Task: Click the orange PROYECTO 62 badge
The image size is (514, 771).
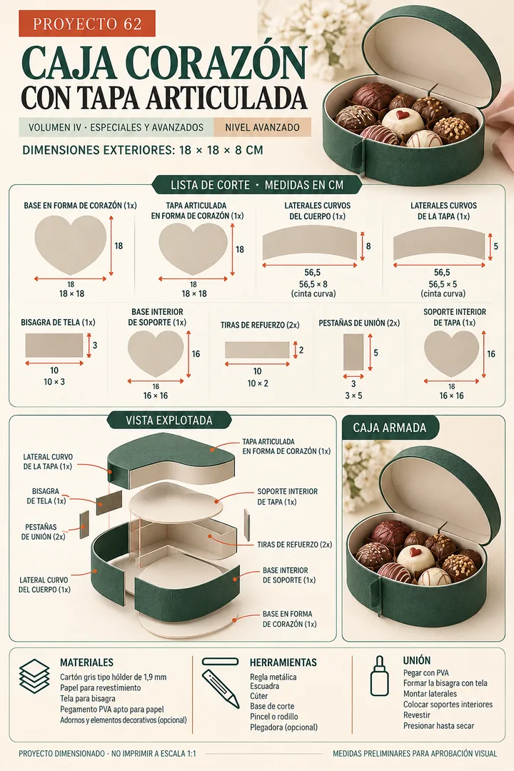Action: pyautogui.click(x=87, y=24)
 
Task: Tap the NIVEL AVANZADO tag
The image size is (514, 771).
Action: pyautogui.click(x=262, y=127)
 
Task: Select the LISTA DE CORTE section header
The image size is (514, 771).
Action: pyautogui.click(x=257, y=185)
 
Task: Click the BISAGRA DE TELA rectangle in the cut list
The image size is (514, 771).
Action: pyautogui.click(x=54, y=346)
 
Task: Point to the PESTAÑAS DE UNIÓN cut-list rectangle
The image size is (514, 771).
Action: pyautogui.click(x=353, y=352)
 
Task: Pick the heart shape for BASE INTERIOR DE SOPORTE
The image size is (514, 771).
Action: pyautogui.click(x=156, y=354)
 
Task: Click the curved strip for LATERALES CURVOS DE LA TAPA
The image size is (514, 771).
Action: pyautogui.click(x=439, y=243)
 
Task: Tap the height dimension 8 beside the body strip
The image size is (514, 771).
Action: pyautogui.click(x=368, y=246)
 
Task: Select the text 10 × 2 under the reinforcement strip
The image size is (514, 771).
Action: pyautogui.click(x=258, y=383)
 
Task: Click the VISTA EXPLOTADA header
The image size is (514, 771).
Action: pyautogui.click(x=169, y=420)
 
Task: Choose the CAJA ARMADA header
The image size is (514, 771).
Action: pyautogui.click(x=390, y=428)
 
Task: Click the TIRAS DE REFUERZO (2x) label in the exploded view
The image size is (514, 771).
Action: pyautogui.click(x=295, y=544)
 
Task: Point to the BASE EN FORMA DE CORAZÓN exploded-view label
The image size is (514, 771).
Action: pyautogui.click(x=290, y=619)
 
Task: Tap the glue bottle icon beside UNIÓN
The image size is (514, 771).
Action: pyautogui.click(x=379, y=675)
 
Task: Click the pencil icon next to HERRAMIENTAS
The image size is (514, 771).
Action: pyautogui.click(x=220, y=688)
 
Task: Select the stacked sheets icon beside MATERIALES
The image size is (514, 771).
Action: pyautogui.click(x=34, y=676)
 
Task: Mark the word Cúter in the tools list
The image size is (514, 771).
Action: pyautogui.click(x=258, y=696)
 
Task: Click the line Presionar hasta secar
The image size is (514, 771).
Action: pyautogui.click(x=439, y=726)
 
